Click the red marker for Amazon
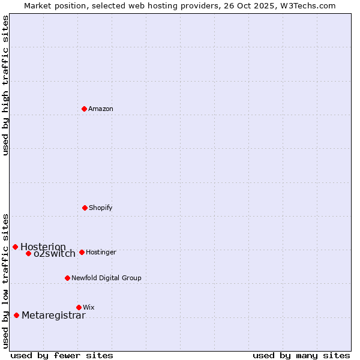click(x=85, y=109)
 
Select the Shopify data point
click(x=85, y=208)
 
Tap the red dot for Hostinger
click(x=82, y=252)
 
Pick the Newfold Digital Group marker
click(x=67, y=278)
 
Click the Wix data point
click(x=79, y=307)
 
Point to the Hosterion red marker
click(x=15, y=247)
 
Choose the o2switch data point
click(x=28, y=253)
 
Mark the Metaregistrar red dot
click(x=16, y=315)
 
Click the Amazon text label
click(x=101, y=109)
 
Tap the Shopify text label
click(x=101, y=208)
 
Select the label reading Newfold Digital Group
click(x=106, y=278)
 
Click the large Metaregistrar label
click(x=53, y=316)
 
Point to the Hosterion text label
click(x=43, y=247)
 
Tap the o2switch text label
click(x=55, y=254)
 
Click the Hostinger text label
click(x=101, y=252)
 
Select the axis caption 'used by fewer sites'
click(x=62, y=355)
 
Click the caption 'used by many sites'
click(x=301, y=355)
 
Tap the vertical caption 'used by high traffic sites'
click(x=5, y=85)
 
